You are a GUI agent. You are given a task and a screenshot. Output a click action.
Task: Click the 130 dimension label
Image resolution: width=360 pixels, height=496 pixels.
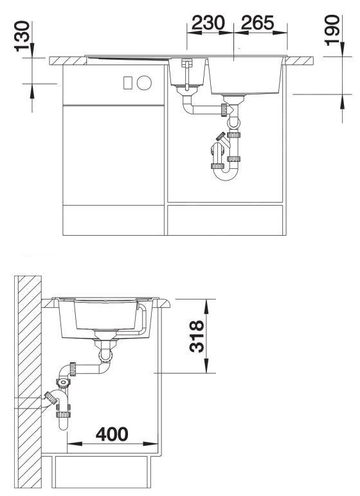tap(22, 36)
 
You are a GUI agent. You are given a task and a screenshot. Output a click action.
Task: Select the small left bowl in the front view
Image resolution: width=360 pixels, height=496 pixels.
tap(187, 74)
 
